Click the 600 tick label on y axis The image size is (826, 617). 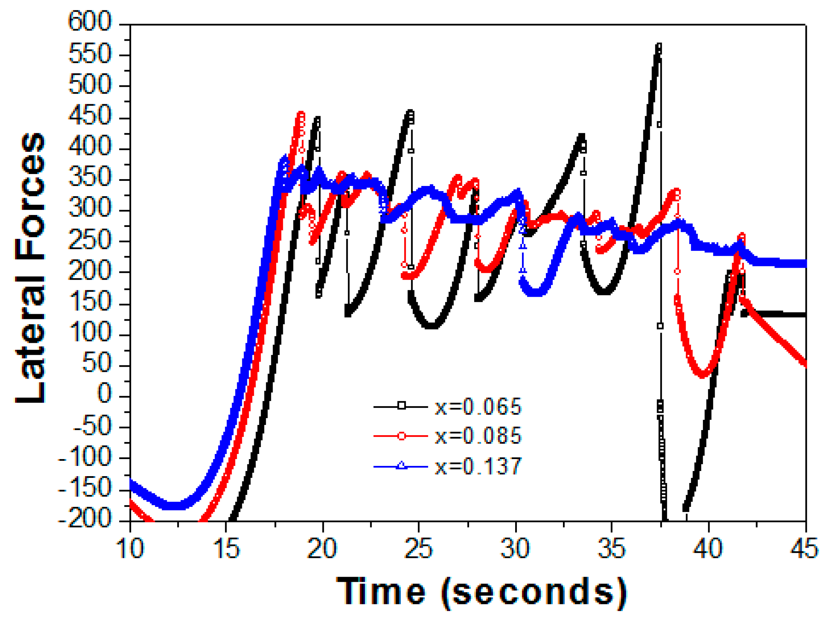pos(90,21)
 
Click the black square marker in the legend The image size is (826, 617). pos(401,406)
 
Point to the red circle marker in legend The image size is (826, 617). pos(401,436)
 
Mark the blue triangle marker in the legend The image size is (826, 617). pos(401,466)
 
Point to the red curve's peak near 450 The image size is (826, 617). pos(301,114)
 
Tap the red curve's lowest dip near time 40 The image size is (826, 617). pos(703,375)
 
